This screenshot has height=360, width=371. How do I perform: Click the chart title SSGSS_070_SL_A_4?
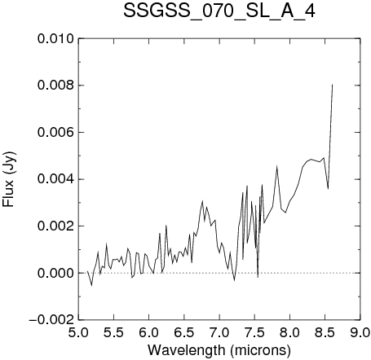pyautogui.click(x=219, y=11)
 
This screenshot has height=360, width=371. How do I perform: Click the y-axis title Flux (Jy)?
pyautogui.click(x=9, y=179)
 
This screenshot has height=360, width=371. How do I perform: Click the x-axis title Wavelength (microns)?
pyautogui.click(x=219, y=350)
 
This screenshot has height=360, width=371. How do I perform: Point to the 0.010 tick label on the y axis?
pyautogui.click(x=55, y=39)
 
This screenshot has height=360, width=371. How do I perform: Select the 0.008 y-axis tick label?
pyautogui.click(x=55, y=86)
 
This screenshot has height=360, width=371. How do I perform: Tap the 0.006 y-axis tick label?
pyautogui.click(x=55, y=133)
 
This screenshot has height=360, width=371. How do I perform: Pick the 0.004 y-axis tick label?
pyautogui.click(x=55, y=179)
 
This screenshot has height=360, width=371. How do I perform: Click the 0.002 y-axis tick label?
pyautogui.click(x=55, y=226)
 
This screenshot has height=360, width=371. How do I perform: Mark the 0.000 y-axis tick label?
pyautogui.click(x=55, y=273)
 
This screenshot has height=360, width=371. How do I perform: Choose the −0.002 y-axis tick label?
pyautogui.click(x=51, y=320)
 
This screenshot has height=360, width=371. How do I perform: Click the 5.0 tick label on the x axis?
pyautogui.click(x=78, y=332)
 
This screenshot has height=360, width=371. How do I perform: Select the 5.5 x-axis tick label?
pyautogui.click(x=113, y=332)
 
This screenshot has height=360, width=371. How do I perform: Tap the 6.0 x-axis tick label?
pyautogui.click(x=149, y=332)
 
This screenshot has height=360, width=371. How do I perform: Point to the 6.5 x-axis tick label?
pyautogui.click(x=184, y=332)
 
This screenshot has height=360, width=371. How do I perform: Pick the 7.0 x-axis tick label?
pyautogui.click(x=219, y=332)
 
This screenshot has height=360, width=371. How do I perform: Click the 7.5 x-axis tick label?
pyautogui.click(x=254, y=332)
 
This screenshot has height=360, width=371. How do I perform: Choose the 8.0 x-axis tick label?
pyautogui.click(x=289, y=332)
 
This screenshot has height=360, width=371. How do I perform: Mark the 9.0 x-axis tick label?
pyautogui.click(x=360, y=332)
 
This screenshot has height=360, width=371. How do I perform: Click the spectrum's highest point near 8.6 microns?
pyautogui.click(x=332, y=85)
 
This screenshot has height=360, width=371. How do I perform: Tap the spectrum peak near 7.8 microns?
pyautogui.click(x=276, y=166)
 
